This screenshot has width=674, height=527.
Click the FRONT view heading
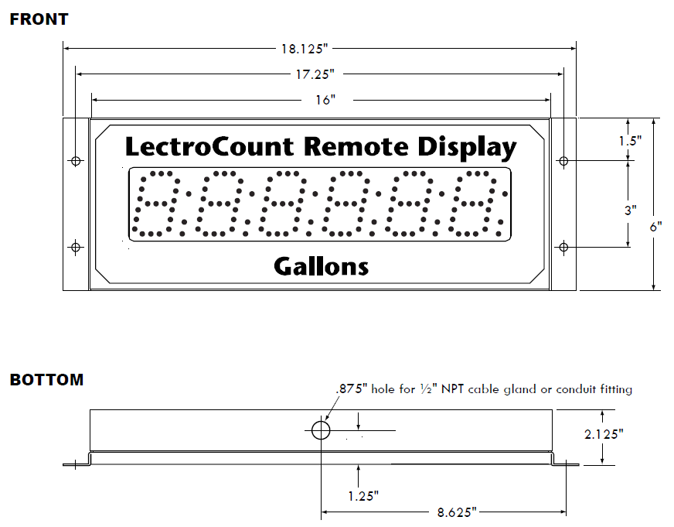(39, 19)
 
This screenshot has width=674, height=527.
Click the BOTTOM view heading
(46, 380)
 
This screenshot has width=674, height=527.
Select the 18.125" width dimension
(304, 48)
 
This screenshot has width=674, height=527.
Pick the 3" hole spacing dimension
(631, 210)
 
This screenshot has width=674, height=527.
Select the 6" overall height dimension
(655, 228)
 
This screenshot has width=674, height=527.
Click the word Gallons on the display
(321, 267)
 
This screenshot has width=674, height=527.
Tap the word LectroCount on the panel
(209, 147)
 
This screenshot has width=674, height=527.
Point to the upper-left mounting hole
(76, 161)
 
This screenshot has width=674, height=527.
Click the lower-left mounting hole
(76, 248)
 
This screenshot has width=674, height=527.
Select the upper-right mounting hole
(563, 161)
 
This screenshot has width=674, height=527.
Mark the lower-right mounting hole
(563, 248)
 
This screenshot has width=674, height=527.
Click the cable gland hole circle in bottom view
(321, 430)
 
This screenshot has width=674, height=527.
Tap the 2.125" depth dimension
(603, 435)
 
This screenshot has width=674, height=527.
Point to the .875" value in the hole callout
(352, 389)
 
